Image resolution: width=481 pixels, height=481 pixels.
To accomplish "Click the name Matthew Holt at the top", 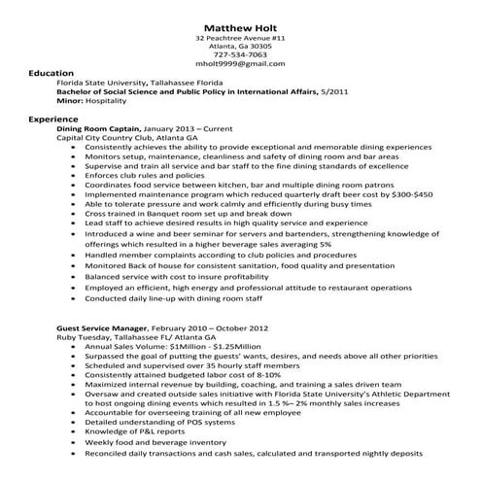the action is tap(240, 25).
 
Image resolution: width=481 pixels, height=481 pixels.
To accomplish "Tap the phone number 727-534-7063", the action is tap(240, 54).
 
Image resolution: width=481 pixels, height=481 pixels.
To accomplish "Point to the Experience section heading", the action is tap(53, 118).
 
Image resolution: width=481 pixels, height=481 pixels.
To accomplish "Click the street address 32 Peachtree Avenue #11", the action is tap(240, 37).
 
